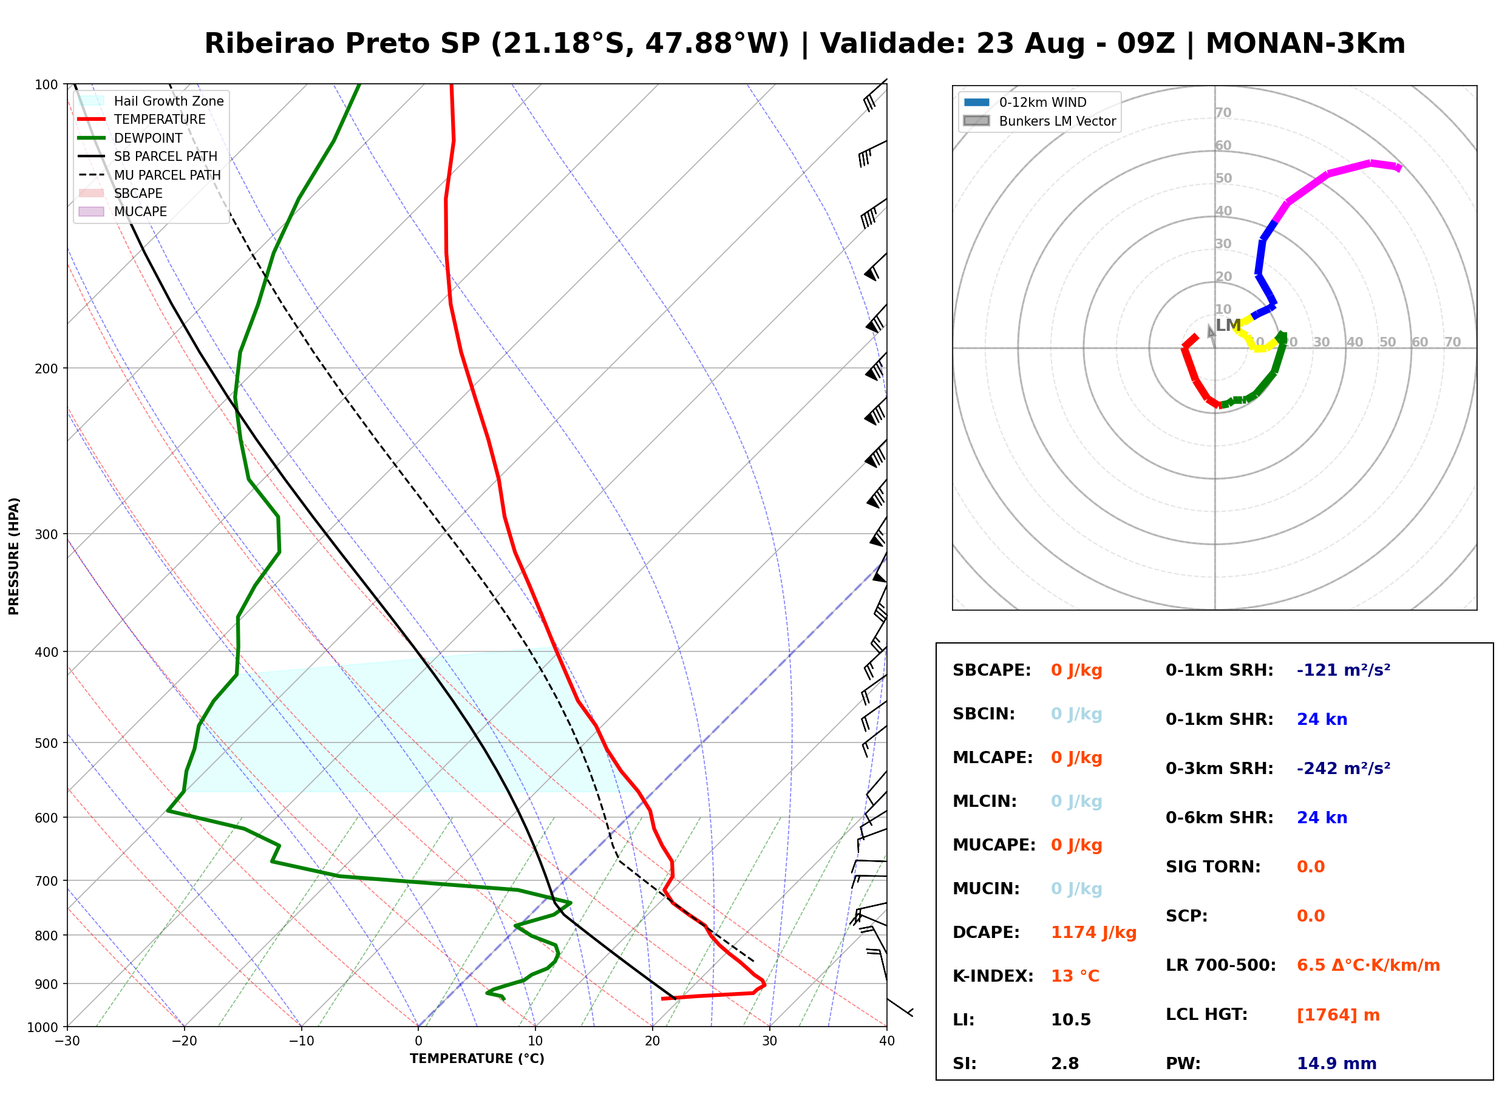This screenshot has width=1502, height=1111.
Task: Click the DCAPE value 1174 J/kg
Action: pos(1093,932)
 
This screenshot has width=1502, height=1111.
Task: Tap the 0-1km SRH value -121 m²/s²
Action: pos(1344,670)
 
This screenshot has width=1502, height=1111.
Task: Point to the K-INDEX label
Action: pos(993,976)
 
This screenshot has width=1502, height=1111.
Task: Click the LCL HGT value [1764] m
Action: pos(1338,1015)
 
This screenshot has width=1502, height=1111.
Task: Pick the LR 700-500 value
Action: pos(1368,965)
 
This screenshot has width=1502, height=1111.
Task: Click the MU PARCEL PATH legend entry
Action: pos(150,175)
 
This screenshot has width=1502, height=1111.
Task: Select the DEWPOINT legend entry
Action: pos(131,138)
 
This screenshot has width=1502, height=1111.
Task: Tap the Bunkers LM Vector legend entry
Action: pos(1040,121)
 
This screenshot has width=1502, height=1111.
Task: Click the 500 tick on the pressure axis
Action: pos(46,743)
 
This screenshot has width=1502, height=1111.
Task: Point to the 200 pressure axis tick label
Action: pos(46,369)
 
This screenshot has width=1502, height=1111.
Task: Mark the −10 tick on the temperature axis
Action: pos(301,1041)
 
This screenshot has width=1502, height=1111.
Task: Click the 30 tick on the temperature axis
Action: pos(770,1041)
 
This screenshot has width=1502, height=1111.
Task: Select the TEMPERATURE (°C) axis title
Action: pos(477,1059)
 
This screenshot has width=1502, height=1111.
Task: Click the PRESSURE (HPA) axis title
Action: pos(14,556)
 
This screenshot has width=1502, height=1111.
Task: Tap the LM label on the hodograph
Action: pos(1228,325)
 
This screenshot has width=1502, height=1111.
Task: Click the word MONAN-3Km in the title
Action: pos(1305,44)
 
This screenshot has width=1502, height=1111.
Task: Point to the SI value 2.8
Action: pos(1065,1063)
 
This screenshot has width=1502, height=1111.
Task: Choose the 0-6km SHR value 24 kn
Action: pos(1322,818)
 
